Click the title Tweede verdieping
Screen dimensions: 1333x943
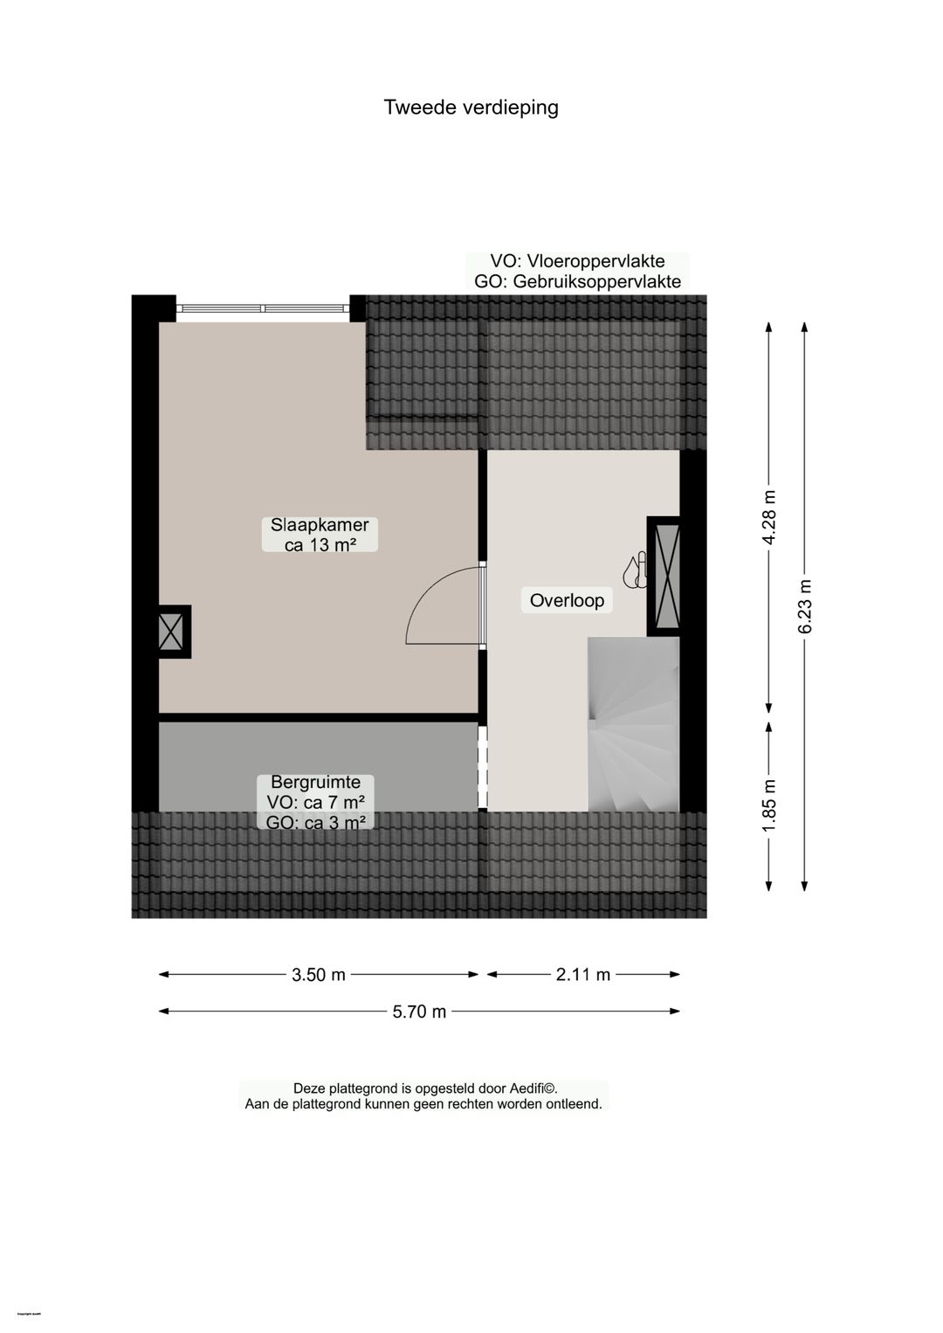point(471,107)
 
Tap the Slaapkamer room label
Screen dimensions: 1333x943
point(320,525)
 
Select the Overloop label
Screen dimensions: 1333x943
point(567,600)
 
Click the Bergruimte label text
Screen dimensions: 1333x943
point(315,783)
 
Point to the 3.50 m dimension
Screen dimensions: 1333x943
point(319,975)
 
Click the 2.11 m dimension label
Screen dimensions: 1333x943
point(583,975)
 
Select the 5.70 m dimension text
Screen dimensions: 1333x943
point(419,1012)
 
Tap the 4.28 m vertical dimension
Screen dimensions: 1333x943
point(769,517)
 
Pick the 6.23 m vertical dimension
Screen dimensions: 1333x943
point(805,606)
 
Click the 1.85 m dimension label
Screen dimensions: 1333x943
point(769,805)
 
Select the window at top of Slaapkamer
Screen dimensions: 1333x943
point(262,308)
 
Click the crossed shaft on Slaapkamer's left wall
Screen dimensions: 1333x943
point(171,632)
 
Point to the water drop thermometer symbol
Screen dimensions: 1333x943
point(635,569)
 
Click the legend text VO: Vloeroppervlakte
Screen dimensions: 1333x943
point(577,261)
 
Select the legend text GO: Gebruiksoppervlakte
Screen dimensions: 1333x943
point(577,282)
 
